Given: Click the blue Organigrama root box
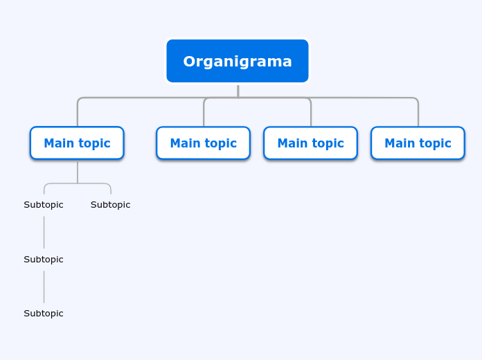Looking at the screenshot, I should [238, 61].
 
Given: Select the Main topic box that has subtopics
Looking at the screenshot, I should [77, 143].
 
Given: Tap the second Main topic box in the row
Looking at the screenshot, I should [203, 143].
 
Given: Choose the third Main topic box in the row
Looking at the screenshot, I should [310, 143].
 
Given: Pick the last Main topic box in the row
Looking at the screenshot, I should [418, 143].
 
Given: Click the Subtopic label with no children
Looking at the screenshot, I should [110, 205].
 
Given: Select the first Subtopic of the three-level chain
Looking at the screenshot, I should [44, 205].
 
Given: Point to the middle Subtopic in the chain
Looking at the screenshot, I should [44, 260].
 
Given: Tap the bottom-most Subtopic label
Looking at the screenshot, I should [44, 314].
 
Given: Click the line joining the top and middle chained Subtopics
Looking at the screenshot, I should [44, 232].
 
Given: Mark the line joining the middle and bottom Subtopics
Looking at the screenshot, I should [44, 287].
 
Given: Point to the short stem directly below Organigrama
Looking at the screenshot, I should [238, 90].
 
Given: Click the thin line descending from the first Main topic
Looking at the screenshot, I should [78, 172].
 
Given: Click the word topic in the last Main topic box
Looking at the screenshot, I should [434, 143].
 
